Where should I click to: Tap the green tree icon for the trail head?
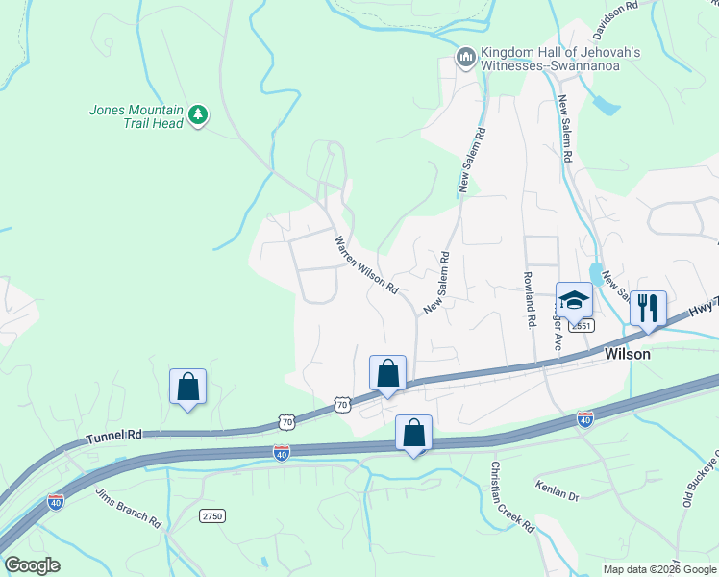point(198,115)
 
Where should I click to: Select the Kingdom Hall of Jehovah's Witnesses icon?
point(465,59)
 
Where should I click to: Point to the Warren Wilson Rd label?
point(366,263)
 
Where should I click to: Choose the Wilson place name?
point(627,354)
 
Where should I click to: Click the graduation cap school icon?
point(574,300)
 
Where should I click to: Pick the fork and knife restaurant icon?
point(647,309)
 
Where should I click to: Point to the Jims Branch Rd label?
point(128,508)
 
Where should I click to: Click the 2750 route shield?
point(212,516)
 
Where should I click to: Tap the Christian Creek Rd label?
point(511,496)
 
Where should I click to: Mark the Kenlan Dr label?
point(558,496)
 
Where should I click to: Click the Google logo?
point(32,565)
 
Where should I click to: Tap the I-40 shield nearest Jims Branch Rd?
point(56,502)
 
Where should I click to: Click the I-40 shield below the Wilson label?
point(584,418)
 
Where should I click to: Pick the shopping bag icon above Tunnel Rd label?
point(187,387)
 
